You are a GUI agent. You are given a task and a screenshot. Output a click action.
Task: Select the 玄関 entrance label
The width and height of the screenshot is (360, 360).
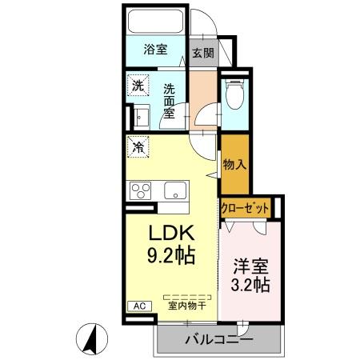[x=203, y=54]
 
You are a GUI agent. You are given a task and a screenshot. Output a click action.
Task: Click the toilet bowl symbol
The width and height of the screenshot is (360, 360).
[x=234, y=99]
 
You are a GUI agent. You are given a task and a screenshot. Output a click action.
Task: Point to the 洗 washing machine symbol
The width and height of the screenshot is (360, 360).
[x=138, y=86]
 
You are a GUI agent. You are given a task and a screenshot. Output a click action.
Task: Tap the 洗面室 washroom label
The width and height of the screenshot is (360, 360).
[x=170, y=100]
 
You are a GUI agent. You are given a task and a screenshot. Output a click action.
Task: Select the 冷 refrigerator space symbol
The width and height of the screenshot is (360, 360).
[x=138, y=148]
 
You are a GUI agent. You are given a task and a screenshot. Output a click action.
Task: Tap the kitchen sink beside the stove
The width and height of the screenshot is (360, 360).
[x=174, y=191]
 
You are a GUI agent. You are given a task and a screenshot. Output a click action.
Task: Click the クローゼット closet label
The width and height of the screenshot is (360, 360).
[x=245, y=207]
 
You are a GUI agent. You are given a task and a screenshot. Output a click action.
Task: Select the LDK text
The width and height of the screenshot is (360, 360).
[x=170, y=234]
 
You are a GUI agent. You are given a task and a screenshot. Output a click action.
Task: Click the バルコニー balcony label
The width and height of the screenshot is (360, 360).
[x=218, y=339]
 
